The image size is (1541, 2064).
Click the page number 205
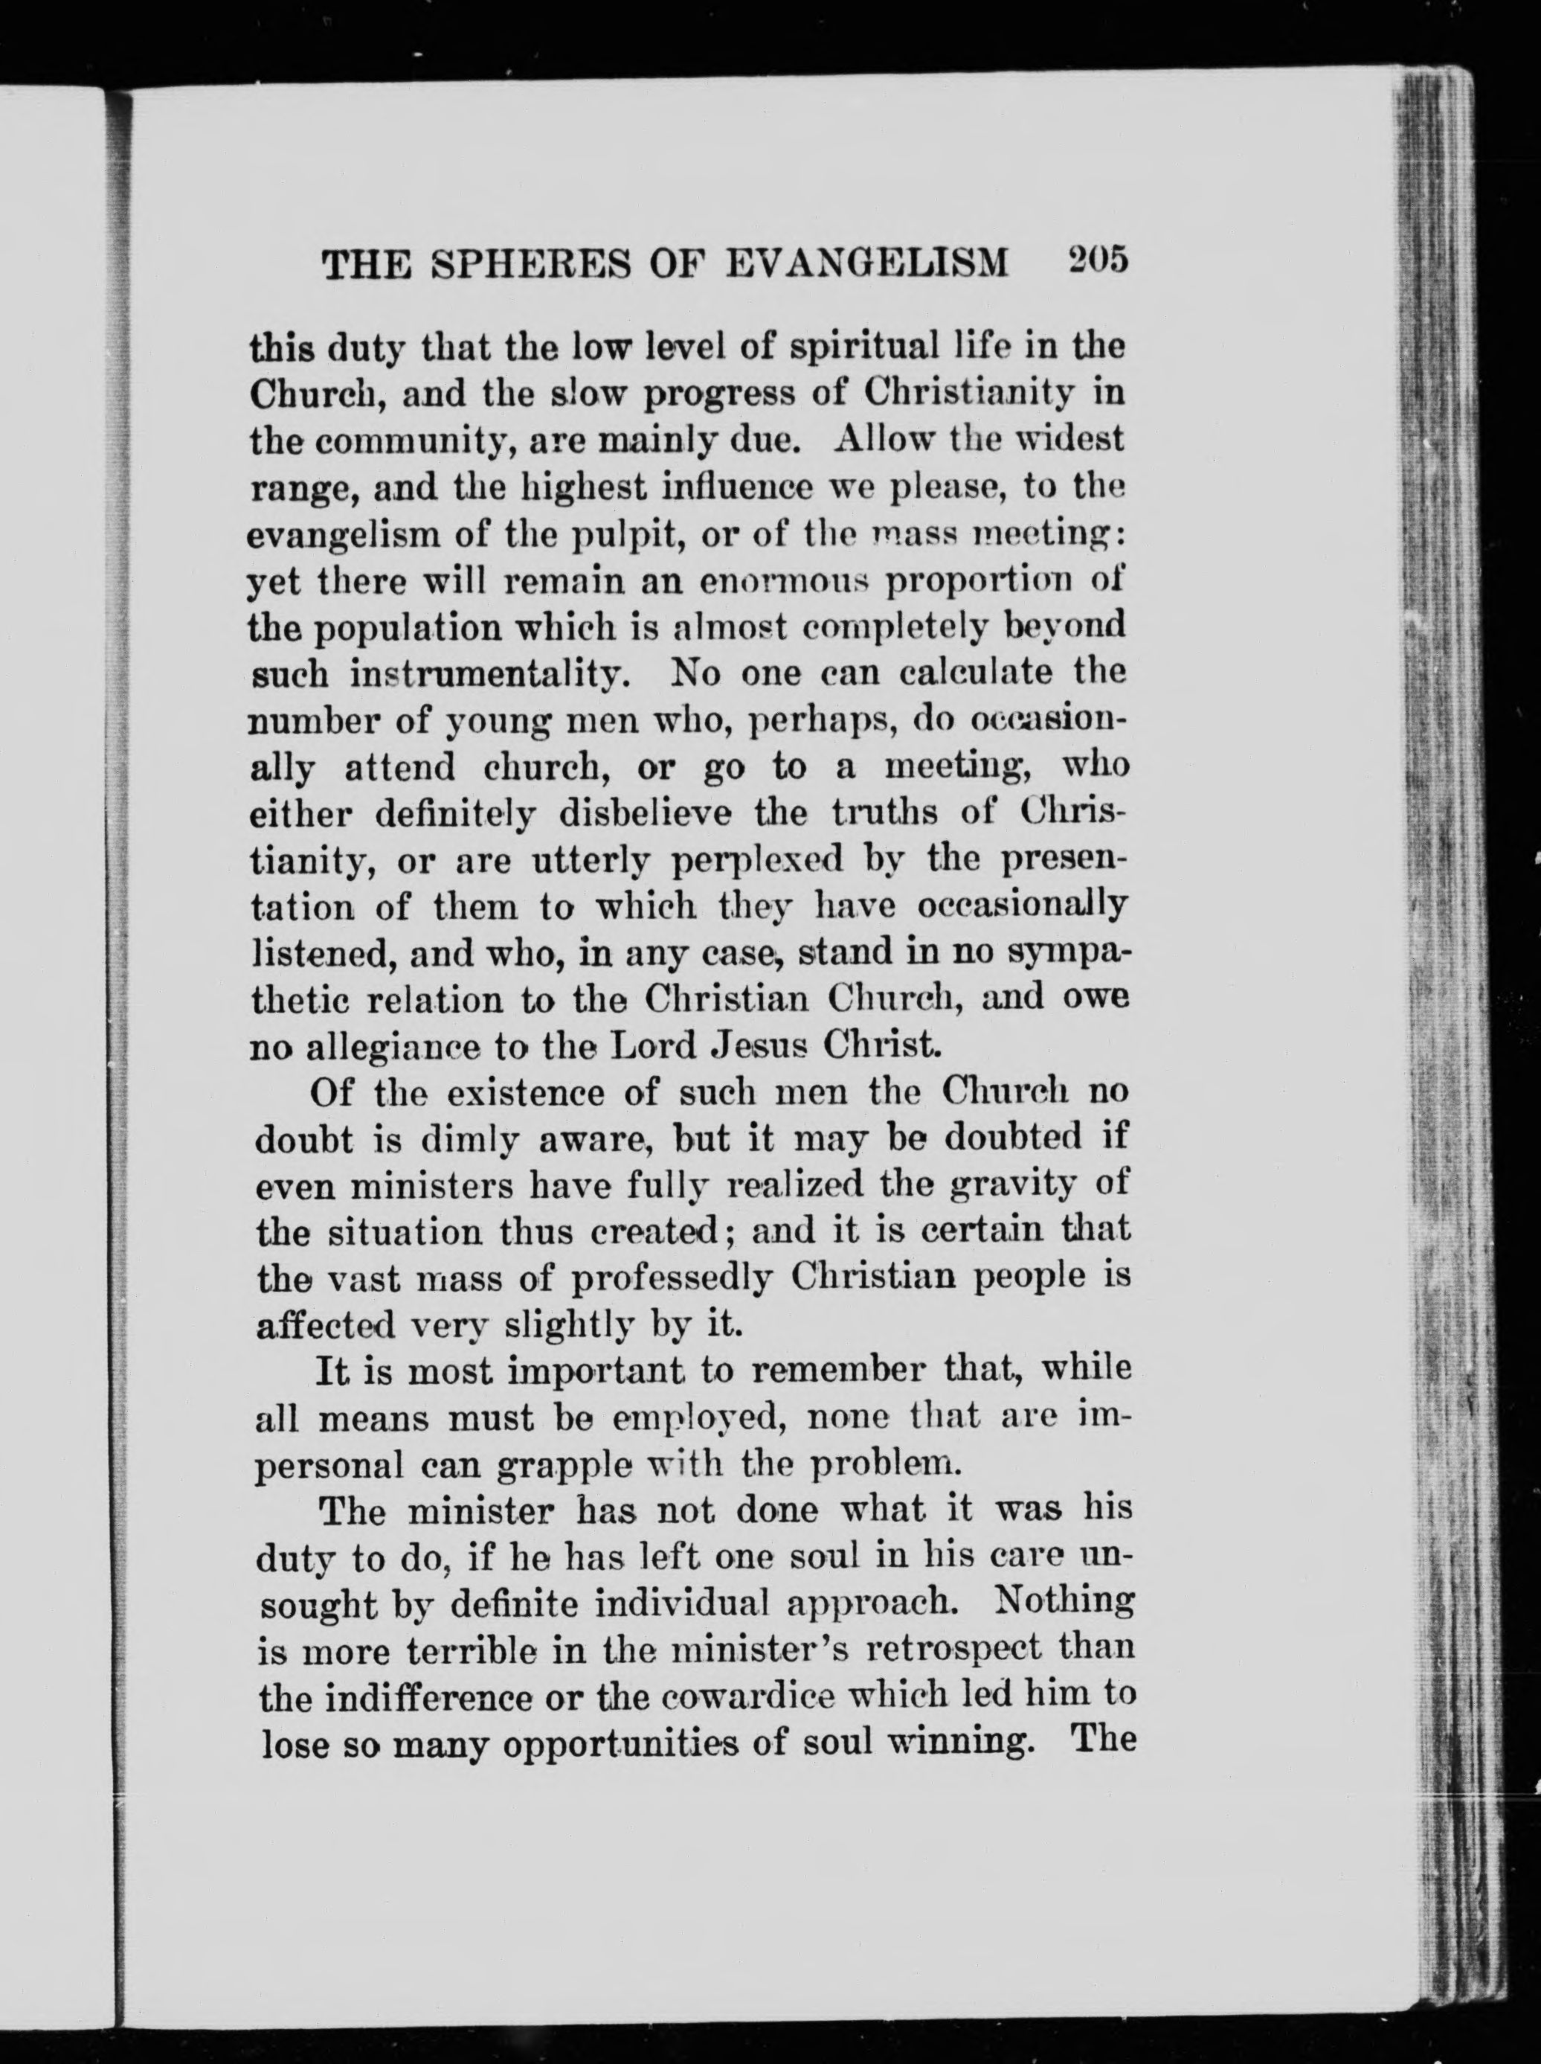(1098, 260)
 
